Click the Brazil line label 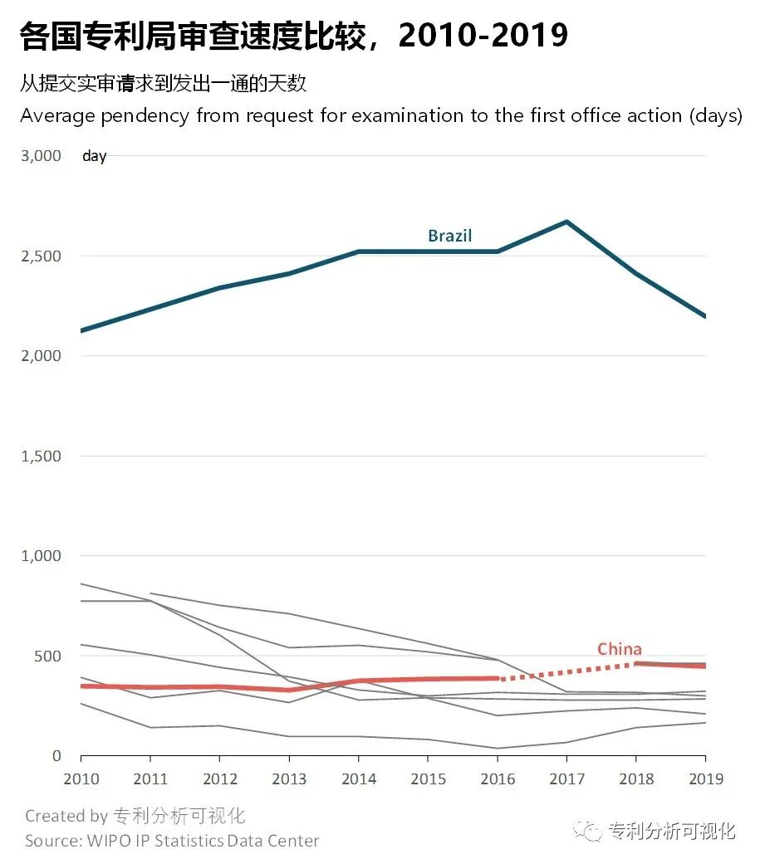(x=449, y=236)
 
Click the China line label (x=619, y=649)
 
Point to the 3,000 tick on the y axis (x=41, y=156)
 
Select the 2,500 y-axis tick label (x=41, y=256)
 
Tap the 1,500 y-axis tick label (x=41, y=456)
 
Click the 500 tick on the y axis (x=46, y=656)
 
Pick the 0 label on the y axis (x=56, y=756)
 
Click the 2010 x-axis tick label (x=81, y=779)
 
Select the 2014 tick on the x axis (x=358, y=779)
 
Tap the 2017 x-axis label (x=566, y=779)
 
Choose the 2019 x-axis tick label (x=705, y=779)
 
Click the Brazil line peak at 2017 (x=566, y=222)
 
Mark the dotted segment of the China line (x=566, y=671)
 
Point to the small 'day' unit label (x=94, y=156)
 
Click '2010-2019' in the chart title (x=483, y=36)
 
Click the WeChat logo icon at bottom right (x=591, y=831)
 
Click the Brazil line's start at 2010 (x=81, y=331)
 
